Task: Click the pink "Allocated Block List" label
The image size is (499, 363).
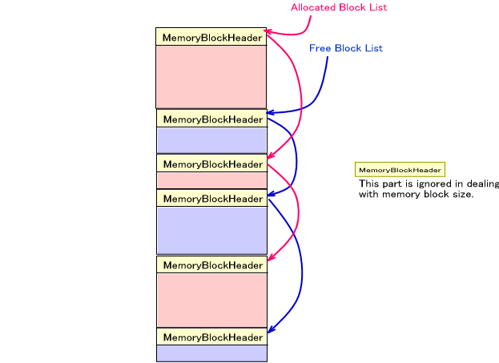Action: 338,7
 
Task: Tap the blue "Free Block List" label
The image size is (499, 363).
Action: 346,48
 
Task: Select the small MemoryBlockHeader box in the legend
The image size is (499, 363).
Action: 400,170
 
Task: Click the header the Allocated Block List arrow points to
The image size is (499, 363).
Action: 211,37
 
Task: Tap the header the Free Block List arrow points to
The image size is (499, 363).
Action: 211,119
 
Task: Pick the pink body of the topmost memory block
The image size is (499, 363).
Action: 211,76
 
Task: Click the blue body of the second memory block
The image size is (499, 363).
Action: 211,139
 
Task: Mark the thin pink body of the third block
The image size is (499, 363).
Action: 211,180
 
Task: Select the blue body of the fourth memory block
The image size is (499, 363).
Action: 211,230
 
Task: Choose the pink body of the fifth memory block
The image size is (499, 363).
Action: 211,300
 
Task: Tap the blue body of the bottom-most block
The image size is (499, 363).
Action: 211,353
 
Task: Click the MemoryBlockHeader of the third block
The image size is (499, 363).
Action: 211,163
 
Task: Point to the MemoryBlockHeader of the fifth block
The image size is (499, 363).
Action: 211,264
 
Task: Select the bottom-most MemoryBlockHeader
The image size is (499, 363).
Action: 211,337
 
